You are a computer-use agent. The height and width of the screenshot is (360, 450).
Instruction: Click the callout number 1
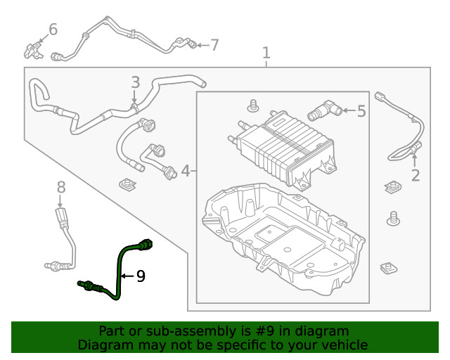pyautogui.click(x=266, y=53)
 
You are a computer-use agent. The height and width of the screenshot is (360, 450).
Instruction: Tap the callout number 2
pyautogui.click(x=415, y=175)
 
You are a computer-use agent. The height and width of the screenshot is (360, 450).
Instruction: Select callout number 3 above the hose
pyautogui.click(x=136, y=83)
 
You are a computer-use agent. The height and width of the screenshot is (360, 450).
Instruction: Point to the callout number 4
pyautogui.click(x=186, y=170)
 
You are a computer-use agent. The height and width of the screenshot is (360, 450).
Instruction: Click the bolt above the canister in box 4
pyautogui.click(x=252, y=107)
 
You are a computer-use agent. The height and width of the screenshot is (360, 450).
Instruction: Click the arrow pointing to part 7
pyautogui.click(x=200, y=46)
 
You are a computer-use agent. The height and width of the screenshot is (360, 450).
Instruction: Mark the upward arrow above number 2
pyautogui.click(x=414, y=156)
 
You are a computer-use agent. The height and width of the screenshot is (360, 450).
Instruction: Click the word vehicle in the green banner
pyautogui.click(x=344, y=345)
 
